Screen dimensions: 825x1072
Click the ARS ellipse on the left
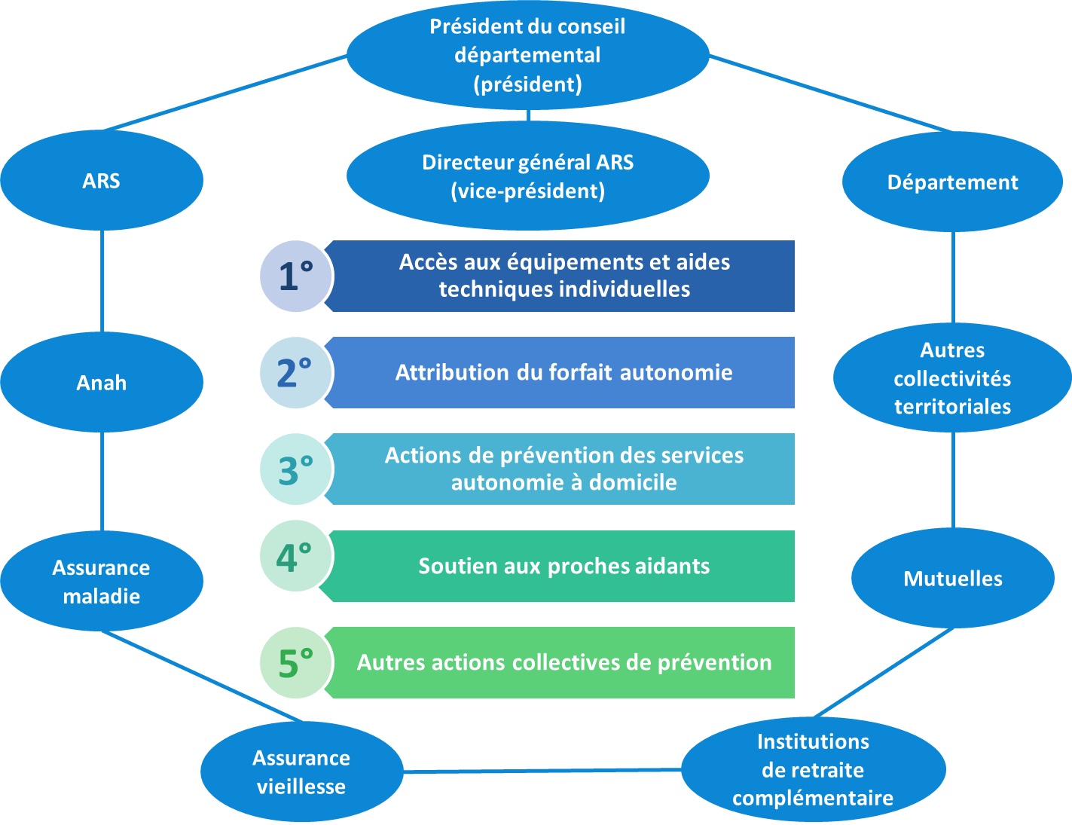pyautogui.click(x=102, y=181)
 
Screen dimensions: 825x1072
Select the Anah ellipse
pyautogui.click(x=102, y=382)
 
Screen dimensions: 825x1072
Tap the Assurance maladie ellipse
pyautogui.click(x=102, y=581)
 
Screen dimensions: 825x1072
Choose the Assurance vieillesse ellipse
pyautogui.click(x=301, y=772)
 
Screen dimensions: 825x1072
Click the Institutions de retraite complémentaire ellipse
pyautogui.click(x=813, y=769)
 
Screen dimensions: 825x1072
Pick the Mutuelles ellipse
pyautogui.click(x=953, y=578)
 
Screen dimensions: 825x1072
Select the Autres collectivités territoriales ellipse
pyautogui.click(x=952, y=377)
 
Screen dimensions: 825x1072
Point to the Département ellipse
pyautogui.click(x=952, y=182)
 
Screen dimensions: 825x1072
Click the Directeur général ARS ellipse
pyautogui.click(x=527, y=176)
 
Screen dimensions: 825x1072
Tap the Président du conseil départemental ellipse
pyautogui.click(x=527, y=55)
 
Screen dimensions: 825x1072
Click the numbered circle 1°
pyautogui.click(x=295, y=276)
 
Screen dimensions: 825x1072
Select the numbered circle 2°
pyautogui.click(x=295, y=372)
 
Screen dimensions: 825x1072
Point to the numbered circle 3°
pyautogui.click(x=295, y=469)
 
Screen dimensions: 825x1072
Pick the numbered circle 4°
pyautogui.click(x=295, y=557)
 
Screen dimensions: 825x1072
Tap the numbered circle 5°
pyautogui.click(x=295, y=662)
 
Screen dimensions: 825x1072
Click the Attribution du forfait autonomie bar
pyautogui.click(x=563, y=372)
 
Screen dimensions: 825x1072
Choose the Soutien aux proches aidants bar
pyautogui.click(x=563, y=566)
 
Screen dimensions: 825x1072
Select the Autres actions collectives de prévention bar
pyautogui.click(x=563, y=662)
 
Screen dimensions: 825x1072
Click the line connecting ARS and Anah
pyautogui.click(x=102, y=281)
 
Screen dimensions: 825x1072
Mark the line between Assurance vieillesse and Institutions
pyautogui.click(x=542, y=771)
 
